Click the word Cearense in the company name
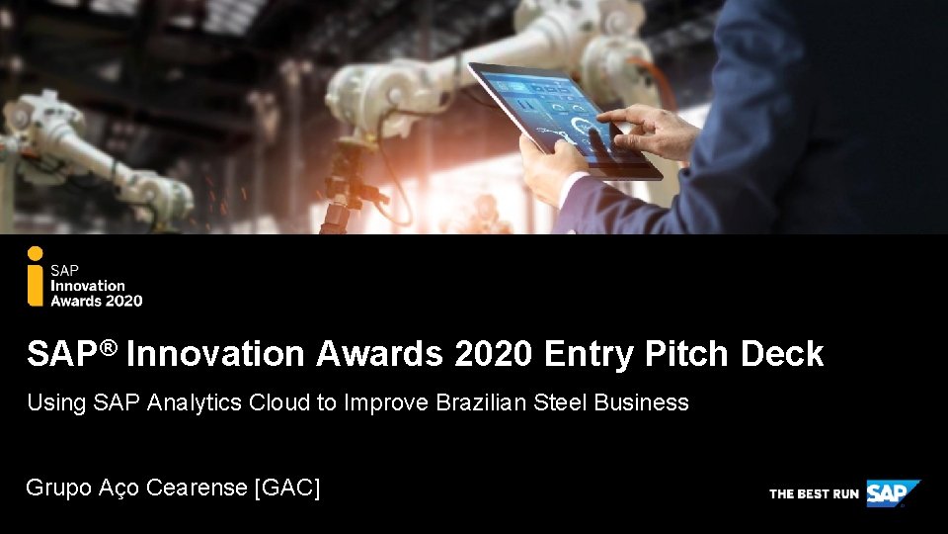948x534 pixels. coord(197,488)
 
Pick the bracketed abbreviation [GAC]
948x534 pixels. coord(287,488)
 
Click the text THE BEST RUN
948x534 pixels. coord(814,493)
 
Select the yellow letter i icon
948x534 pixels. coord(36,284)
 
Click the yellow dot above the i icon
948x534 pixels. coord(36,253)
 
